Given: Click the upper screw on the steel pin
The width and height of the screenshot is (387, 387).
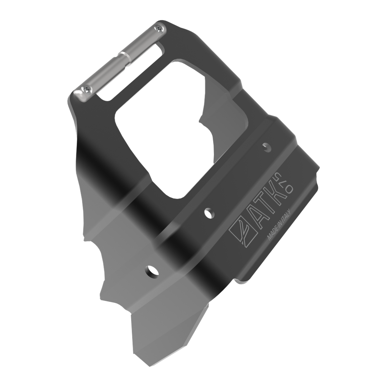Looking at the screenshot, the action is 159,29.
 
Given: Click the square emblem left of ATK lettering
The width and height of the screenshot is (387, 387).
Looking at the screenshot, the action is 242,232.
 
